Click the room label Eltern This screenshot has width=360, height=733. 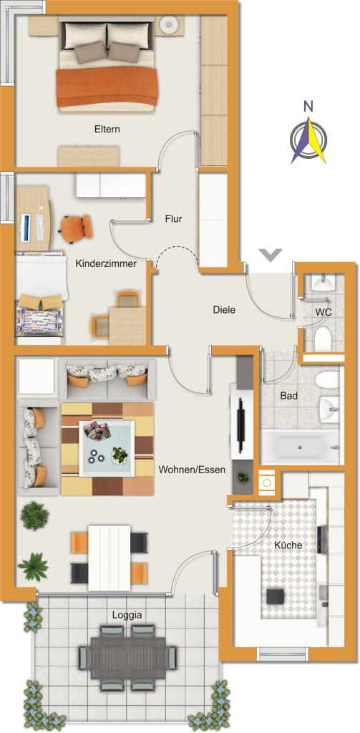tap(107, 129)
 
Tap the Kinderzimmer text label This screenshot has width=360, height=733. tap(106, 263)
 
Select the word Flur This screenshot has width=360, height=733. tap(173, 218)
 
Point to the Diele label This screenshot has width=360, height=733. tap(224, 309)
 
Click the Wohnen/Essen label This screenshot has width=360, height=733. tap(192, 470)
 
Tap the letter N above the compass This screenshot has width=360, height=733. tap(308, 107)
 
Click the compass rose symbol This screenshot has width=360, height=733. tap(308, 140)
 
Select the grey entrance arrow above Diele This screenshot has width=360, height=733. tap(271, 255)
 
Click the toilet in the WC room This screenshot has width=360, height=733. tap(323, 339)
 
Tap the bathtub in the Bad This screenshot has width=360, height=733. tap(300, 447)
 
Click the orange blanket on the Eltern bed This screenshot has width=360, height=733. tap(107, 87)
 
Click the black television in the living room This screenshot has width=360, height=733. tap(240, 425)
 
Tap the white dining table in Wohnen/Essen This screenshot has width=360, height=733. tap(110, 557)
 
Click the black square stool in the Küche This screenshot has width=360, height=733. tap(274, 597)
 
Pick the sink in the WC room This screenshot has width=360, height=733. tap(323, 282)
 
